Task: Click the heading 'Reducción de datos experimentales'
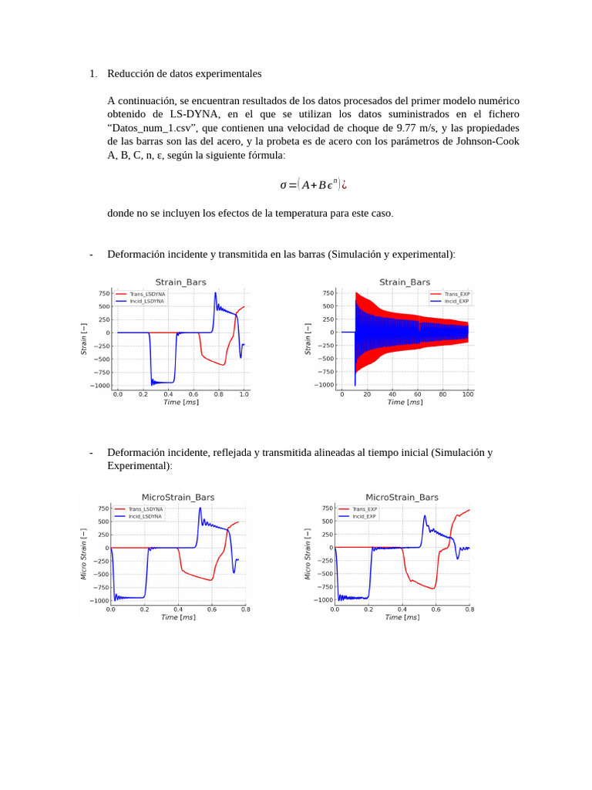(x=184, y=74)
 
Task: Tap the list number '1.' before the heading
(x=92, y=74)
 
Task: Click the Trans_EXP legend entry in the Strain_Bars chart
(x=456, y=294)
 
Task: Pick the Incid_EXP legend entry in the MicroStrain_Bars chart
(x=365, y=516)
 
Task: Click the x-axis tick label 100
(x=468, y=394)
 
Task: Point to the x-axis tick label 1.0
(x=244, y=394)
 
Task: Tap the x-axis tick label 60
(x=417, y=394)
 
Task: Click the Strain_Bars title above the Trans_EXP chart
(x=405, y=282)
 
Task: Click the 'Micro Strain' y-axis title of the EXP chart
(x=308, y=554)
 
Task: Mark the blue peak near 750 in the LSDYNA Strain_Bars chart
(x=216, y=294)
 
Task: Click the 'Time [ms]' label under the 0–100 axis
(x=405, y=402)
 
